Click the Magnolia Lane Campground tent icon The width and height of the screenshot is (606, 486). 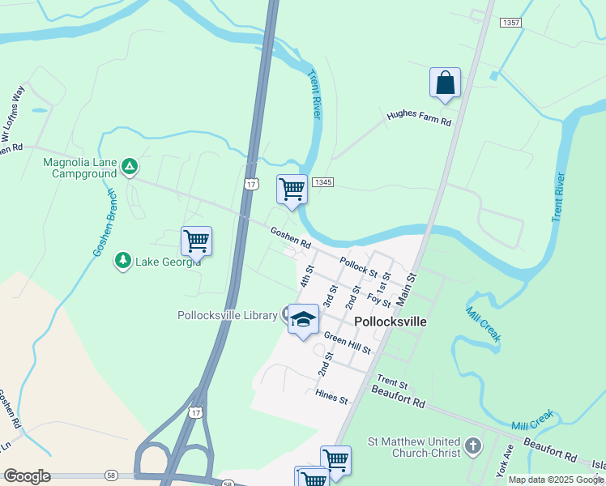[129, 167]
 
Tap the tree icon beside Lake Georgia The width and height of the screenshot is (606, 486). [122, 261]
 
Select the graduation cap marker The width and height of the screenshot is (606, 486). [303, 320]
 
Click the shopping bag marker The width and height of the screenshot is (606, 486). [445, 83]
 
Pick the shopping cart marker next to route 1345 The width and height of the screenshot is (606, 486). [292, 190]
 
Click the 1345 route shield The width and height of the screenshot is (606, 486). [322, 182]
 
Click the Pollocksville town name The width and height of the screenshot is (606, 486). [390, 322]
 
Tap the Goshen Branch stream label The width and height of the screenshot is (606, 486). [105, 223]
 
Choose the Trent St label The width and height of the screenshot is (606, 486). [391, 381]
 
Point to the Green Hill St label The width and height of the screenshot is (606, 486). [347, 343]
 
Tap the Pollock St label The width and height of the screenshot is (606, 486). [359, 266]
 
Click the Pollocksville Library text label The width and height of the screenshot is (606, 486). [228, 315]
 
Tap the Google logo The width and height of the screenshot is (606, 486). [27, 476]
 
